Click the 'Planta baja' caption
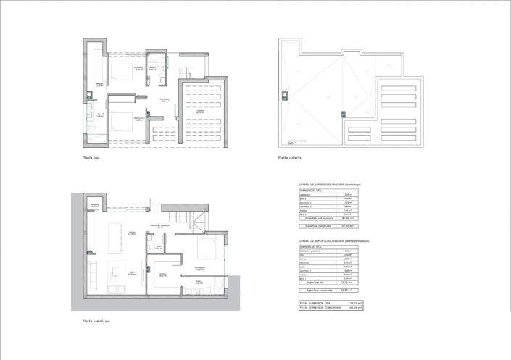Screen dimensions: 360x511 point(91,157)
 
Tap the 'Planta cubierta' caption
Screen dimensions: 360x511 point(289,157)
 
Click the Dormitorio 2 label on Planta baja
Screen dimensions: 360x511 point(139,68)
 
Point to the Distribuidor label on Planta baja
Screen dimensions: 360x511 point(165,99)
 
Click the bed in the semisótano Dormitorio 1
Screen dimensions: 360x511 point(205,251)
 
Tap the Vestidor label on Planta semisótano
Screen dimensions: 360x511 point(163,275)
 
